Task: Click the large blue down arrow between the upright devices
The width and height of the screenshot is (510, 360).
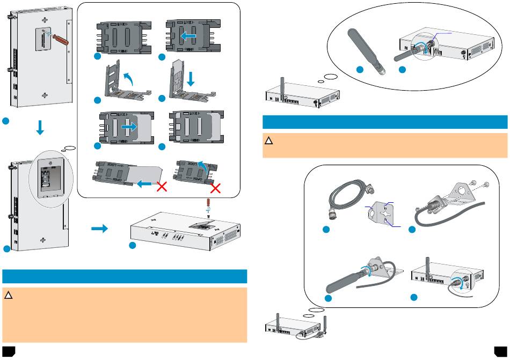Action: tap(39, 129)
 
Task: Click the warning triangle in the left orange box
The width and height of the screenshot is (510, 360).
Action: tap(8, 296)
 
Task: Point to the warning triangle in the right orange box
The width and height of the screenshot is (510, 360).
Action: tap(268, 142)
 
